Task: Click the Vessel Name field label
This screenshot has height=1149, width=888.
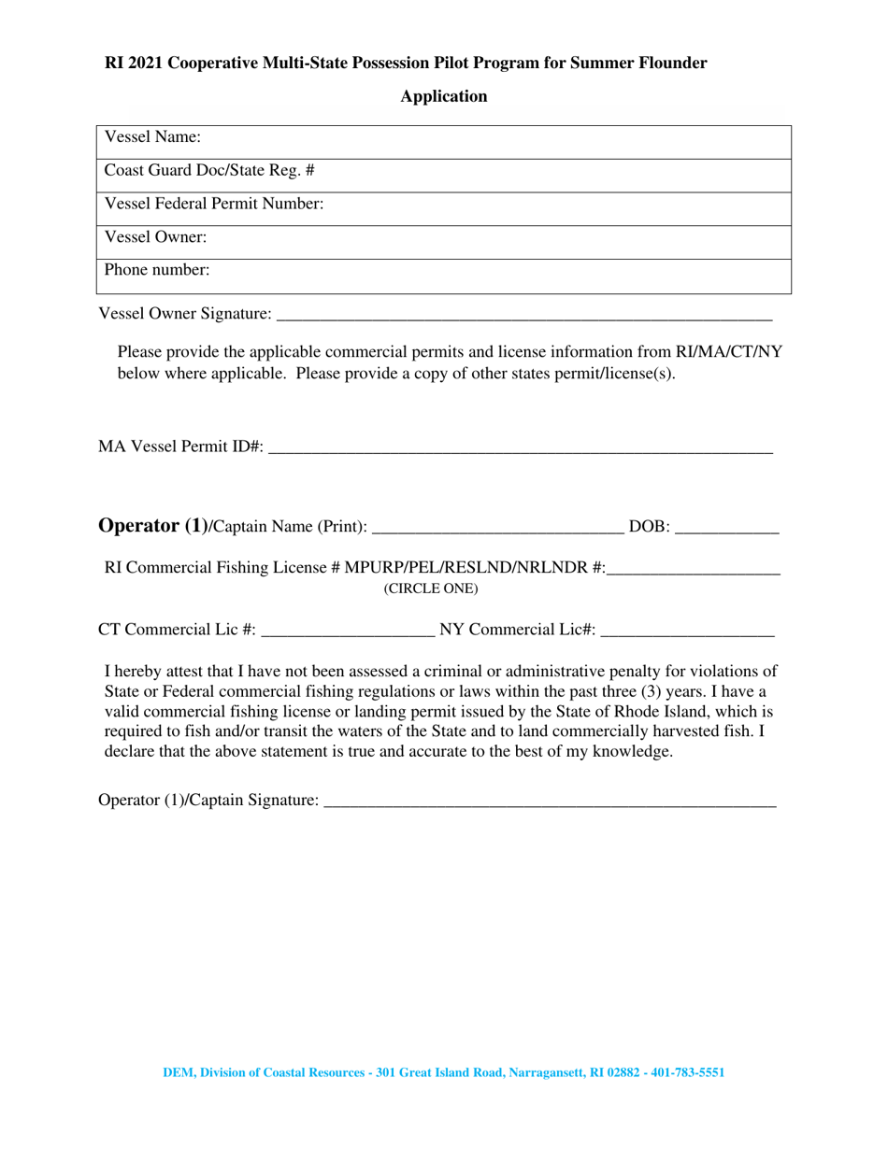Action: (x=152, y=137)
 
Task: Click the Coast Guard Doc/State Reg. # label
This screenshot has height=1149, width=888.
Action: (x=209, y=171)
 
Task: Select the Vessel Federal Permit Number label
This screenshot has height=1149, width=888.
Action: (x=214, y=204)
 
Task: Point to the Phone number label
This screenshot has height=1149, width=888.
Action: (x=157, y=271)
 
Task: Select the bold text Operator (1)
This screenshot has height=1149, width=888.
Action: (x=152, y=526)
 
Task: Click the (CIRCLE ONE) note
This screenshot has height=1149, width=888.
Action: (x=431, y=589)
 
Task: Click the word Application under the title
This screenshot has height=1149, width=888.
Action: (x=444, y=96)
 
